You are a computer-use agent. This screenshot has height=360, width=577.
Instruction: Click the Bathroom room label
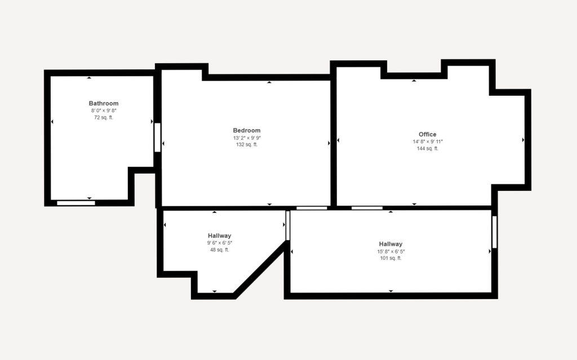104,104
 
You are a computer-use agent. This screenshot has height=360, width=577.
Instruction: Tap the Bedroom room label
247,130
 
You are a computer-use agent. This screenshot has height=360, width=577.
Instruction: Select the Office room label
428,134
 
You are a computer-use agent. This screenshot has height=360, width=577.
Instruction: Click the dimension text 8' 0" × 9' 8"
104,111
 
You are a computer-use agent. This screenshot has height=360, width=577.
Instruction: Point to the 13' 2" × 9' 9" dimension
247,138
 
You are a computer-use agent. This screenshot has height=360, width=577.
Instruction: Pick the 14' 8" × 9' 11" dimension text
428,142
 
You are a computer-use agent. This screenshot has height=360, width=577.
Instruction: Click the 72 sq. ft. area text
104,118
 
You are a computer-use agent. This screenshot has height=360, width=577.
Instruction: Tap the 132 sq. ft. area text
247,145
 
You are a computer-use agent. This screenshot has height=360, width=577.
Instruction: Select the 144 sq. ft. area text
428,149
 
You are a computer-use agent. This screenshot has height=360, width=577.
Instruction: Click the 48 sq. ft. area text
219,250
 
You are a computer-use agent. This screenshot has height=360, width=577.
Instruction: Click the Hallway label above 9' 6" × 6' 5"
219,235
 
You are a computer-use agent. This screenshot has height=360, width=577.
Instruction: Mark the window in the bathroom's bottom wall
76,203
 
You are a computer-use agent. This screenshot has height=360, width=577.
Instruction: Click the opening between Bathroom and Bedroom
157,137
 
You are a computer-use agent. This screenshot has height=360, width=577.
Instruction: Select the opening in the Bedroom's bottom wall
312,208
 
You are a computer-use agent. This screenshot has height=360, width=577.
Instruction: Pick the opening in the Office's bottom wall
367,208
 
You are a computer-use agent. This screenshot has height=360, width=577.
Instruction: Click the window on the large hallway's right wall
495,232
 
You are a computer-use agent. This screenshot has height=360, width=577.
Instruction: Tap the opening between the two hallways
287,225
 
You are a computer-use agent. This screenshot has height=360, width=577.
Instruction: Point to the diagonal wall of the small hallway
259,269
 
